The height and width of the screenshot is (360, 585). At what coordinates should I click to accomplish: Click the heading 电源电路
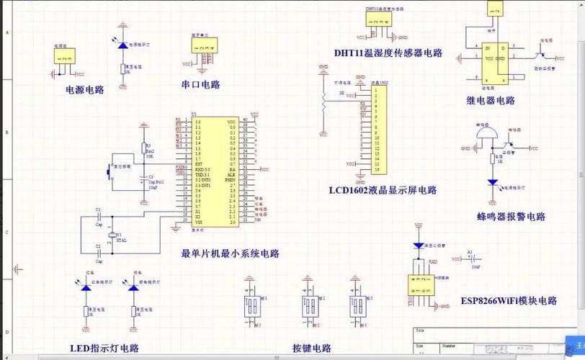click(x=84, y=90)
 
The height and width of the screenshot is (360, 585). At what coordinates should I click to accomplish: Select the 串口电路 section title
click(x=200, y=84)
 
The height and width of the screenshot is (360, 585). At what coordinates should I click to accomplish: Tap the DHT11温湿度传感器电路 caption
click(x=388, y=53)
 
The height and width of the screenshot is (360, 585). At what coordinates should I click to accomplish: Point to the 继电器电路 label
click(x=491, y=101)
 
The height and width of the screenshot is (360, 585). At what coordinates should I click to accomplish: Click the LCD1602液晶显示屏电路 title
click(x=383, y=190)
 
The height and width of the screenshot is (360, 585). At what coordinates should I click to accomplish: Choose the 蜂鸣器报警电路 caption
click(x=511, y=217)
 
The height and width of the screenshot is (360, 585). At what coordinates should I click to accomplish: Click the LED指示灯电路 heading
click(x=104, y=348)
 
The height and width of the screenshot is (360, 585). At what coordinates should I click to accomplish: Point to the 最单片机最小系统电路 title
click(x=230, y=253)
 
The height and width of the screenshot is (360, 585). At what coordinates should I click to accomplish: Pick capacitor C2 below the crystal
click(x=99, y=251)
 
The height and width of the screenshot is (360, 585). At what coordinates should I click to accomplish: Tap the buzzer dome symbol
click(x=488, y=135)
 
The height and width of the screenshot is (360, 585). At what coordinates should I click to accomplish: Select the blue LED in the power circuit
click(x=122, y=45)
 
